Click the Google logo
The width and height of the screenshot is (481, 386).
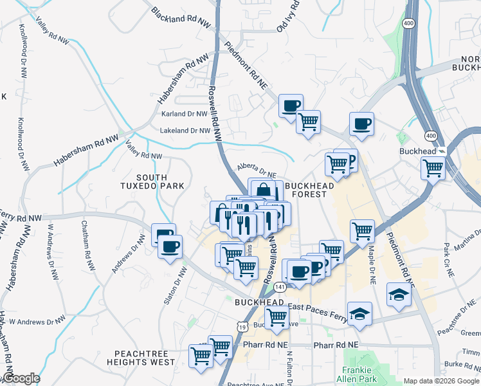click(x=21, y=378)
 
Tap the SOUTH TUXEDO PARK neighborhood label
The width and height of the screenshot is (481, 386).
click(x=152, y=181)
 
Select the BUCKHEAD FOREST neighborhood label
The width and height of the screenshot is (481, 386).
click(x=310, y=189)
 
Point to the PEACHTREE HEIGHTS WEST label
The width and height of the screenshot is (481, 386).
click(x=145, y=358)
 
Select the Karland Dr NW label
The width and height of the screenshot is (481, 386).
click(x=185, y=114)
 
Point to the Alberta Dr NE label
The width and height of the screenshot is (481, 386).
click(x=256, y=170)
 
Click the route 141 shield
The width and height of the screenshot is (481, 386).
click(x=278, y=286)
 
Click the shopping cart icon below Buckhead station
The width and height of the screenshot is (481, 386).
click(x=433, y=169)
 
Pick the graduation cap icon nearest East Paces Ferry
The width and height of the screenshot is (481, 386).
click(x=359, y=314)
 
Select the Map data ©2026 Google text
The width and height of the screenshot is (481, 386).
click(x=441, y=381)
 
